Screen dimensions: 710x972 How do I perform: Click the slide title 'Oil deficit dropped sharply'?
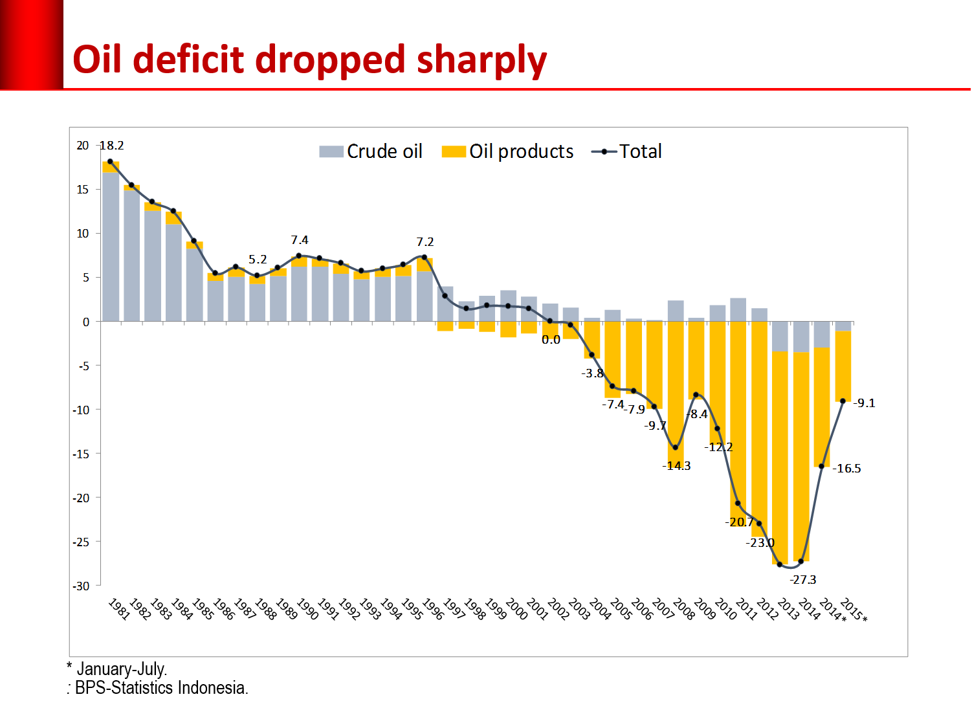309,60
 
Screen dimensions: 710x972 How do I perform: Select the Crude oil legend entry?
371,151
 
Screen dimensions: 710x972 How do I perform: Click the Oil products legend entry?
507,151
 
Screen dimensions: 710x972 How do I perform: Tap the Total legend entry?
626,151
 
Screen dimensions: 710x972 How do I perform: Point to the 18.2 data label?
111,146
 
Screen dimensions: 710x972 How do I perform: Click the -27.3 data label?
802,580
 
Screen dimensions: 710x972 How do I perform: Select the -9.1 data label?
864,403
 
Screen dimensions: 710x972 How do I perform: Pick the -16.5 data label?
846,469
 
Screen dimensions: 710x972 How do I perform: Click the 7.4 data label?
300,240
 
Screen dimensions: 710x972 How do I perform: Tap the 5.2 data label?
258,260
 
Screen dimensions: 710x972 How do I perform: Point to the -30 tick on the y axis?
82,586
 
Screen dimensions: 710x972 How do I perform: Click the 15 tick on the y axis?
83,190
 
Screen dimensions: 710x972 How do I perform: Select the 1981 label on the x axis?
118,609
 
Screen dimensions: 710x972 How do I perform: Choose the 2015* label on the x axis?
853,610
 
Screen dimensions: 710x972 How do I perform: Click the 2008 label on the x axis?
684,609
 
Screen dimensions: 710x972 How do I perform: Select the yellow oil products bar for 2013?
780,456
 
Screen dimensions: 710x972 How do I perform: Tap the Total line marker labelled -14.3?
676,447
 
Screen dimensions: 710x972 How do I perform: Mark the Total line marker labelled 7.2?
425,257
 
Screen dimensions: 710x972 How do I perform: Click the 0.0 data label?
551,340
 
